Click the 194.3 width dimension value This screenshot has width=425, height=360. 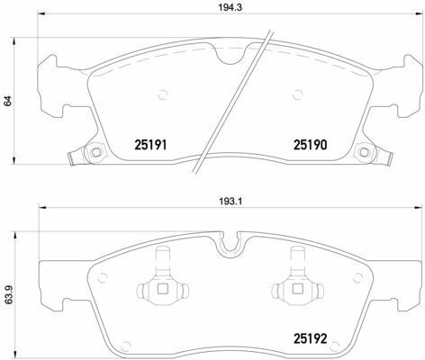[230, 7]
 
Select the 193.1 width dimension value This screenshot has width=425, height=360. [230, 202]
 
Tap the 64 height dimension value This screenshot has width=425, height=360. [7, 101]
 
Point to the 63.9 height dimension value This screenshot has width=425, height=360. [7, 295]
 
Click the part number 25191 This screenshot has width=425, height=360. [150, 145]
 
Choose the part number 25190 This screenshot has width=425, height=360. [310, 145]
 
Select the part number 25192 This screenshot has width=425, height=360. [310, 339]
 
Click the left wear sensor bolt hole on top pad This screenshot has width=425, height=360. [96, 152]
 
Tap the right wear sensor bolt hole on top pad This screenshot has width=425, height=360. [364, 152]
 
